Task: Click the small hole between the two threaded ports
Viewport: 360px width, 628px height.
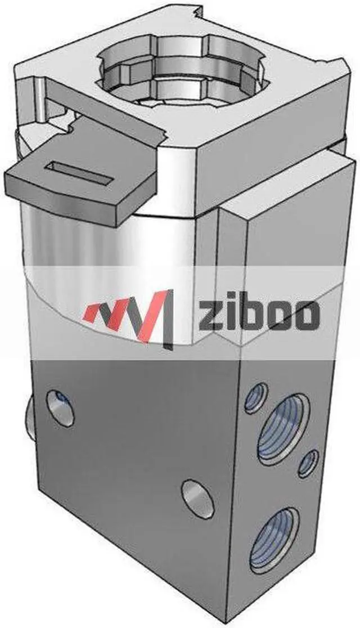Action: click(x=308, y=465)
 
